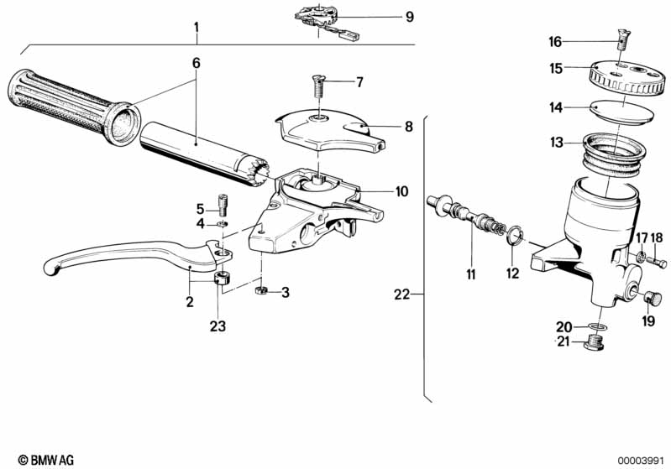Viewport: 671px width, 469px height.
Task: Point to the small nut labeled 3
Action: pyautogui.click(x=260, y=290)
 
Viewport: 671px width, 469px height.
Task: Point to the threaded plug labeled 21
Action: pyautogui.click(x=595, y=343)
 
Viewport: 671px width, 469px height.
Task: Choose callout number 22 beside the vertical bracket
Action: pyautogui.click(x=402, y=294)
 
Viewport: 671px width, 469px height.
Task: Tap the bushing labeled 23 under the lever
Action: pyautogui.click(x=223, y=279)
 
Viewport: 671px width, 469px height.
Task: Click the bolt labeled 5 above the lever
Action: pyautogui.click(x=223, y=205)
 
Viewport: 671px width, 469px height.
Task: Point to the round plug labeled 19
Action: pyautogui.click(x=653, y=298)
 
